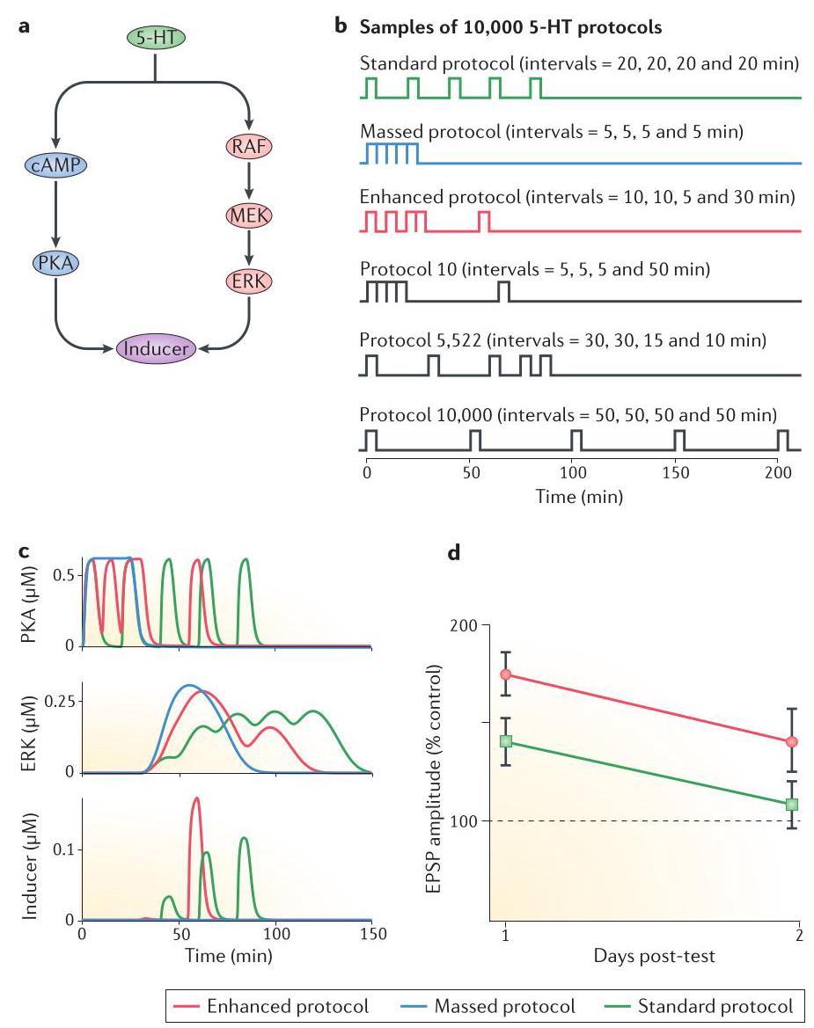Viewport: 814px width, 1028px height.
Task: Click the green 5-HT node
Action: pyautogui.click(x=155, y=38)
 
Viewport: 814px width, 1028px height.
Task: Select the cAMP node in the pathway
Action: pyautogui.click(x=55, y=165)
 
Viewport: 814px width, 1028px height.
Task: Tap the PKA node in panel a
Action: pyautogui.click(x=55, y=262)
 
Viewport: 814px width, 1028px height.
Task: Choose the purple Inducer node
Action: pyautogui.click(x=155, y=348)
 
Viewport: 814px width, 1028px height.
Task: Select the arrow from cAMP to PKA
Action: pyautogui.click(x=55, y=214)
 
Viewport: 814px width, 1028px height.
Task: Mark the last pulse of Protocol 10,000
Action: pyautogui.click(x=782, y=440)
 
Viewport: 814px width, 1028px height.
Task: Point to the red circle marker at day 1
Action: pyautogui.click(x=505, y=674)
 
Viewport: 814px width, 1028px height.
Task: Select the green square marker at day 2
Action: pyautogui.click(x=792, y=804)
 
